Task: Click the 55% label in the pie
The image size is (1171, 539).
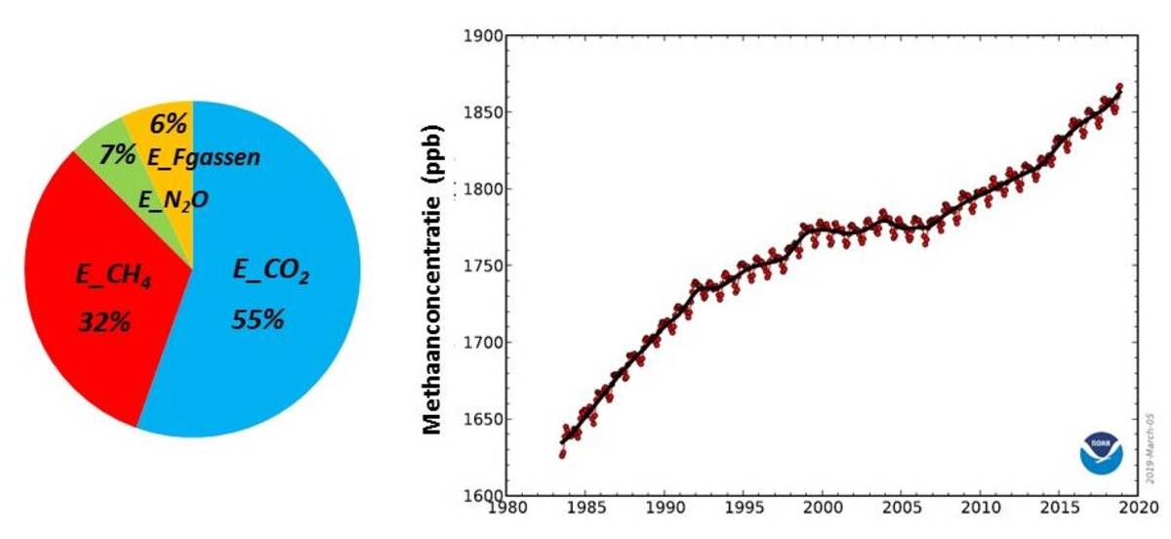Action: coord(258,319)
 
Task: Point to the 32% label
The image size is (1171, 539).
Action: coord(104,322)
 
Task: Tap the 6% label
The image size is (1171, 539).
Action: coord(168,125)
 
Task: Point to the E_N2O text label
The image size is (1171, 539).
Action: coord(173,200)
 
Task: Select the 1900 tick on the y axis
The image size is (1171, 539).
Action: coord(484,36)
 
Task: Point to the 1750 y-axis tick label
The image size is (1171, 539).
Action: coord(484,267)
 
